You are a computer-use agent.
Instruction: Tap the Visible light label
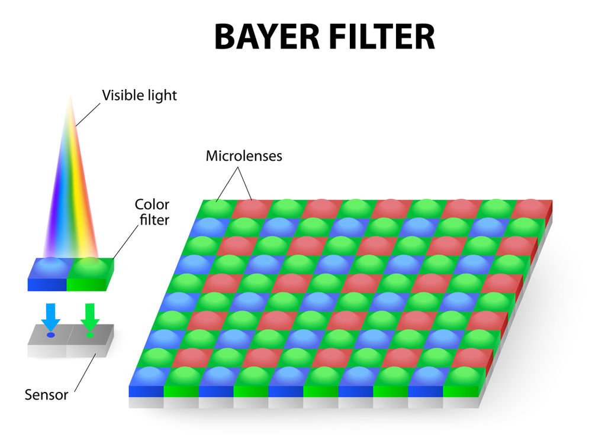[x=139, y=95]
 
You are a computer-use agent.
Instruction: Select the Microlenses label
[x=244, y=156]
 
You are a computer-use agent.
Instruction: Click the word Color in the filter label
[x=152, y=205]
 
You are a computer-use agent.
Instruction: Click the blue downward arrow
[x=51, y=316]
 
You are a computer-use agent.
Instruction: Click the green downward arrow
[x=90, y=316]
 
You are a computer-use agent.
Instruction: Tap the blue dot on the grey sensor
[x=51, y=335]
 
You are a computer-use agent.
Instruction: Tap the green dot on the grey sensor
[x=89, y=335]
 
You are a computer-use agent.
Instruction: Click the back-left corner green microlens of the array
[x=217, y=207]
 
